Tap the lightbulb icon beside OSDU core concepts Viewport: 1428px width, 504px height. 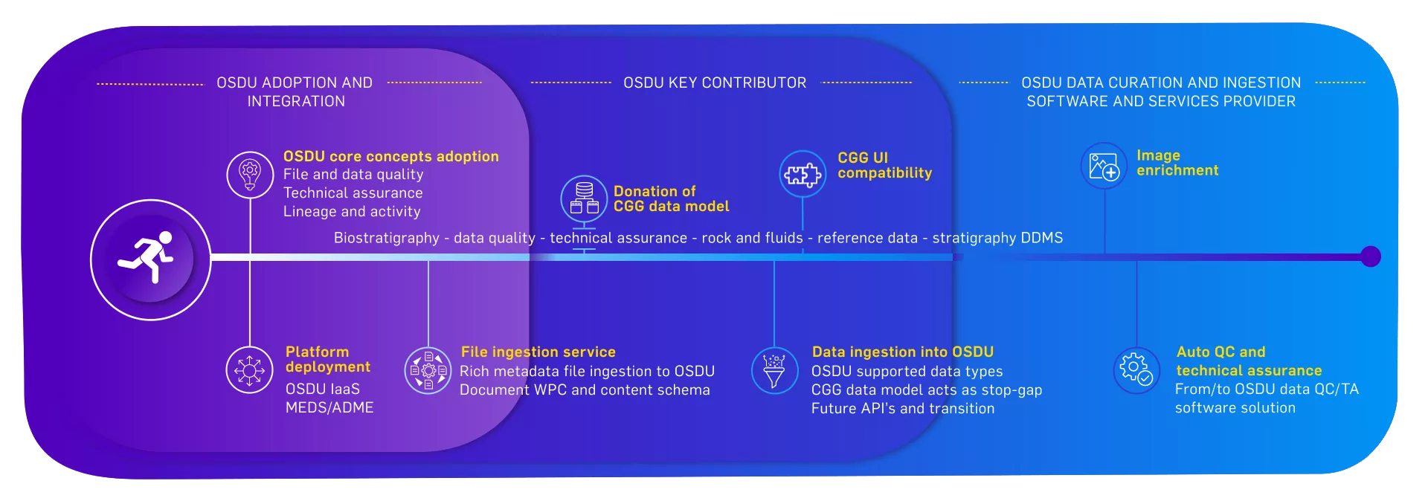tap(250, 175)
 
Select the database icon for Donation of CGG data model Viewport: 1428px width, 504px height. tap(584, 198)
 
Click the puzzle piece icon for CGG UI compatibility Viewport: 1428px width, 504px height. tap(803, 174)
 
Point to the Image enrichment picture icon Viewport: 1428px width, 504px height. tap(1104, 166)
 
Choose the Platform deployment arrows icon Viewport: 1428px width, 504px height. tap(250, 369)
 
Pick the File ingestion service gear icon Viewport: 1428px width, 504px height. tap(428, 370)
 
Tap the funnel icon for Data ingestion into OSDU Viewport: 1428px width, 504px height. tap(774, 371)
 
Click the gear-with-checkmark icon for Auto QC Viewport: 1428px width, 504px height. tap(1136, 370)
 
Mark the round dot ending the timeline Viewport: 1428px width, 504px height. tap(1371, 256)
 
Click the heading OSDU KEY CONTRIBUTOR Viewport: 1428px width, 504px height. tap(715, 83)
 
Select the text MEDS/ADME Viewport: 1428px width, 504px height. tap(329, 407)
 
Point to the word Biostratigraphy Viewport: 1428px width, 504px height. tap(387, 238)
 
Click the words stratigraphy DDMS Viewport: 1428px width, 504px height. tap(997, 238)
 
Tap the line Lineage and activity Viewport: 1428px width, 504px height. tap(352, 212)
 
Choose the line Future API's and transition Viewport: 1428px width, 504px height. tap(903, 408)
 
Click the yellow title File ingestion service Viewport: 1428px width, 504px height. tap(538, 352)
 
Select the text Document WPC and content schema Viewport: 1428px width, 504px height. tap(585, 390)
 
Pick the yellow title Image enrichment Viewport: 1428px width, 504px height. tap(1177, 163)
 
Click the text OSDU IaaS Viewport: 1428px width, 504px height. tap(323, 389)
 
